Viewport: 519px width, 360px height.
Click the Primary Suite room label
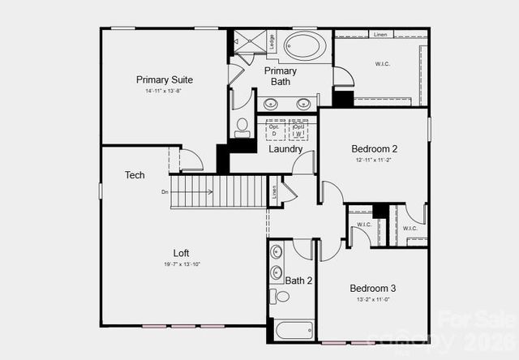pos(164,79)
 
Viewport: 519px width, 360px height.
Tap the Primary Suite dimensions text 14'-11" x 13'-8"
pos(164,91)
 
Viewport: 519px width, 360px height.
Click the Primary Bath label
pos(280,76)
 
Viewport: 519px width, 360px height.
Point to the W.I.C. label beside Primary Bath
pos(383,63)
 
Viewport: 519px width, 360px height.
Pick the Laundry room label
pos(285,148)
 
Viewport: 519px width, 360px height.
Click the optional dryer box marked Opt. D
pos(273,130)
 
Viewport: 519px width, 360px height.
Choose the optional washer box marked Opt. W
pos(298,130)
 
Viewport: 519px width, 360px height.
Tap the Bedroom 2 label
pos(374,149)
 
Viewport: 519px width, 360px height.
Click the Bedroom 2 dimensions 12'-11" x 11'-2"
pos(374,161)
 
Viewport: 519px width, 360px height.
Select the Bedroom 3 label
pos(373,289)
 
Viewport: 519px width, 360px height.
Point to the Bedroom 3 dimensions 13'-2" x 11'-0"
pos(373,300)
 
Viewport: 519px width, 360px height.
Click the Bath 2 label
pos(298,281)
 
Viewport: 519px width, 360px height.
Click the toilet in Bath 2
pos(281,297)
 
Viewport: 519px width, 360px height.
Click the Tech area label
pos(135,175)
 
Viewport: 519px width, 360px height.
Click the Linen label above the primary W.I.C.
pos(380,34)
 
